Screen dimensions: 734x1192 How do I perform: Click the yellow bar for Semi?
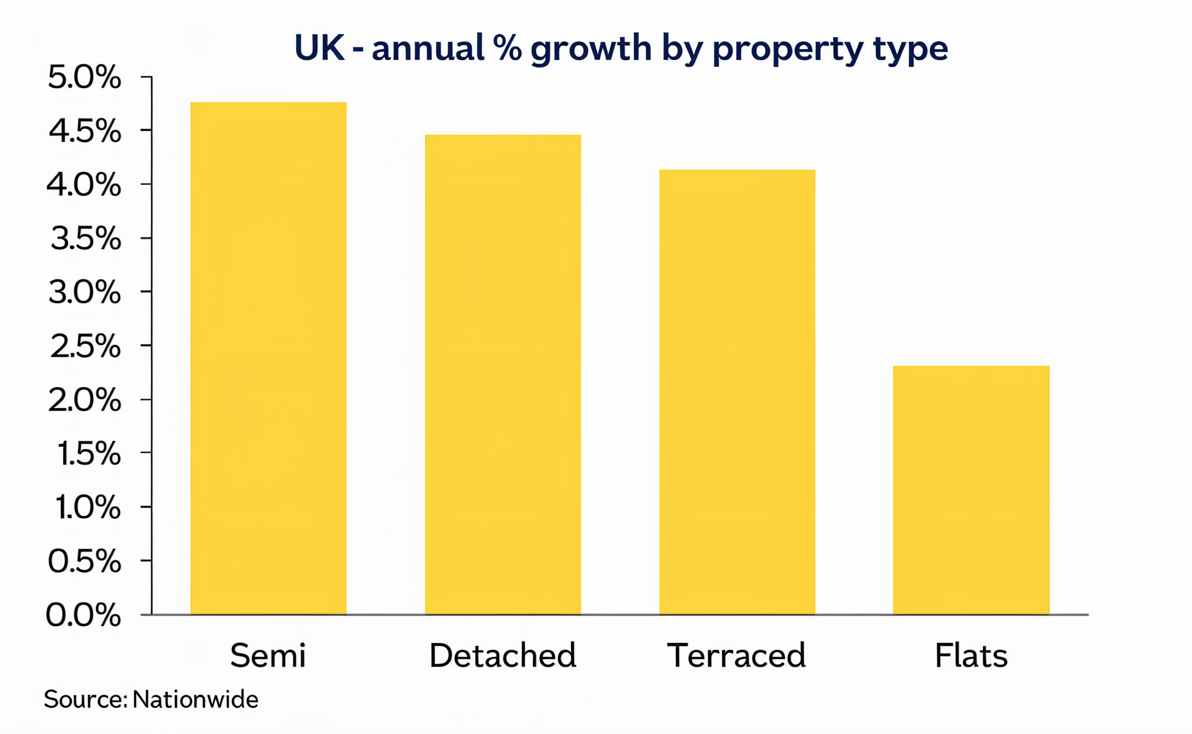pyautogui.click(x=268, y=357)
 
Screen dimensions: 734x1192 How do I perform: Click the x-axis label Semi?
pyautogui.click(x=268, y=655)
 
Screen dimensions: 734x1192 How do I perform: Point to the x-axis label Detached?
pyautogui.click(x=502, y=655)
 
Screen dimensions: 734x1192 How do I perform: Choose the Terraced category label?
pyautogui.click(x=736, y=655)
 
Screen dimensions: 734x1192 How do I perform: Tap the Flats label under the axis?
pyautogui.click(x=971, y=655)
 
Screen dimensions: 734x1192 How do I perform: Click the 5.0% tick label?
pyautogui.click(x=84, y=77)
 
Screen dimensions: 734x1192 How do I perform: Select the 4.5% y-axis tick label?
pyautogui.click(x=84, y=131)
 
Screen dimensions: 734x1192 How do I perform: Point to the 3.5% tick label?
pyautogui.click(x=85, y=239)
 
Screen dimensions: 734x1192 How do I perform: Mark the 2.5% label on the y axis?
pyautogui.click(x=85, y=346)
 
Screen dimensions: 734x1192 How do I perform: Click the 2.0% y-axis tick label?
pyautogui.click(x=84, y=400)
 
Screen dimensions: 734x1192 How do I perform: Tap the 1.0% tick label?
pyautogui.click(x=88, y=508)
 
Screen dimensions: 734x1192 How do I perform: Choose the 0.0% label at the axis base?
pyautogui.click(x=83, y=615)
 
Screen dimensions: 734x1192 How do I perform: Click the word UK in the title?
pyautogui.click(x=319, y=48)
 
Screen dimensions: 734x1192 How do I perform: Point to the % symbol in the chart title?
pyautogui.click(x=507, y=48)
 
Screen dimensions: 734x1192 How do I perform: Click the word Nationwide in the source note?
pyautogui.click(x=195, y=699)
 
